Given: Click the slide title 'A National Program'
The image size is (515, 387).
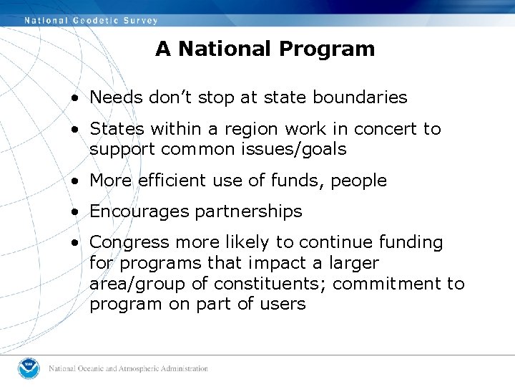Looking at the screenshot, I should pyautogui.click(x=265, y=49).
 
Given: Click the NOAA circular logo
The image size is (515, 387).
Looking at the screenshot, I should pyautogui.click(x=30, y=368).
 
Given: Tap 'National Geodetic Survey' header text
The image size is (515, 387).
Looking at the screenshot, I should pyautogui.click(x=91, y=20).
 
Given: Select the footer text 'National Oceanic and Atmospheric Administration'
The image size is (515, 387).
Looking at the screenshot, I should pyautogui.click(x=129, y=369).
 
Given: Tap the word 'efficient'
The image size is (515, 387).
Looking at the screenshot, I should pyautogui.click(x=170, y=181).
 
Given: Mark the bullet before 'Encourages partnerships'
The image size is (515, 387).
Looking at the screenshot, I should pyautogui.click(x=75, y=212).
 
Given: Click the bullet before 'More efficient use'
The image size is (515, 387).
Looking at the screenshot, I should pyautogui.click(x=75, y=181).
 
